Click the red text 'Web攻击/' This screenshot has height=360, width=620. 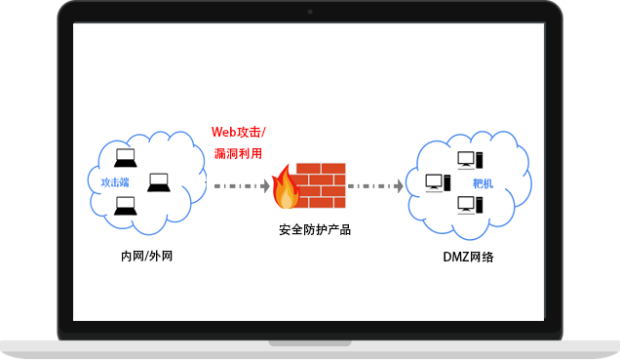point(238,132)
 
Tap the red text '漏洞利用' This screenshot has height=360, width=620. point(238,153)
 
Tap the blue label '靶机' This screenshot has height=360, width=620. point(483,182)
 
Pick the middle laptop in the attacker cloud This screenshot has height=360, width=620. point(158,181)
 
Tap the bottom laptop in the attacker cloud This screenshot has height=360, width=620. point(125,205)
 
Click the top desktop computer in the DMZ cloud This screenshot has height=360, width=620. point(467,159)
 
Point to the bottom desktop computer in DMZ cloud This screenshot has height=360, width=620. point(467,205)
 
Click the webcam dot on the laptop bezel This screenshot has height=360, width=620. point(310,12)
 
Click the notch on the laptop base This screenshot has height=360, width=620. point(310,342)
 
